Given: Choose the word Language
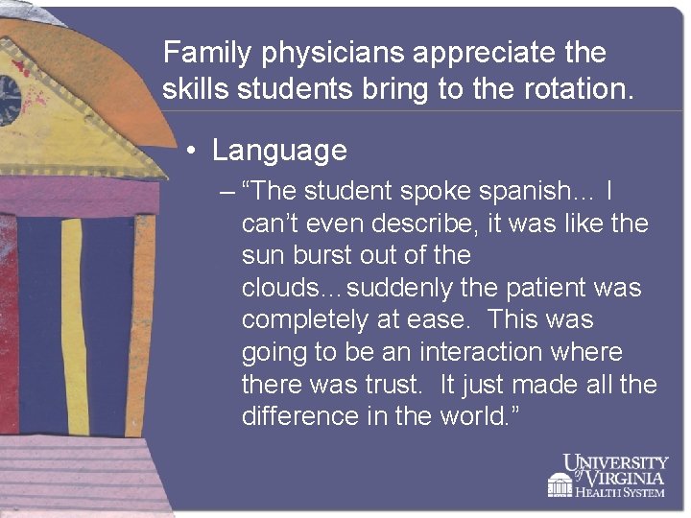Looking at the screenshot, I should (x=279, y=151).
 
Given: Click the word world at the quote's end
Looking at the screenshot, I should (x=476, y=417).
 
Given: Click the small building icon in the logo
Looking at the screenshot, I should (x=560, y=484).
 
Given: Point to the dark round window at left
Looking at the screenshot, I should (x=9, y=99).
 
